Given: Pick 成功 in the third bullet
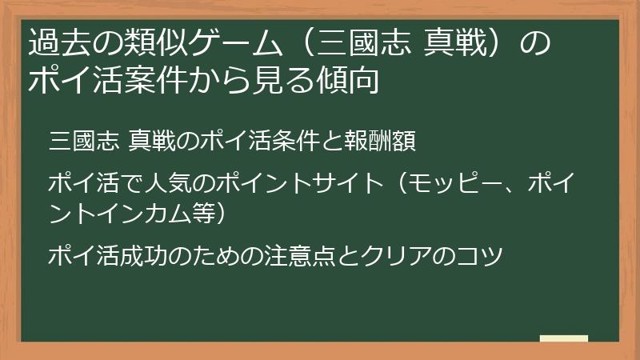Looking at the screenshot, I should (141, 256).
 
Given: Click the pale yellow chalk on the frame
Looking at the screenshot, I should (563, 338).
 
